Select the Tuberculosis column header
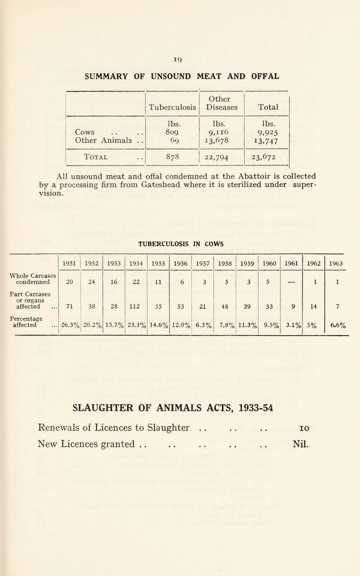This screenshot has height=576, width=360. pyautogui.click(x=173, y=108)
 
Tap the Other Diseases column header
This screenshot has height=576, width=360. pyautogui.click(x=221, y=103)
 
